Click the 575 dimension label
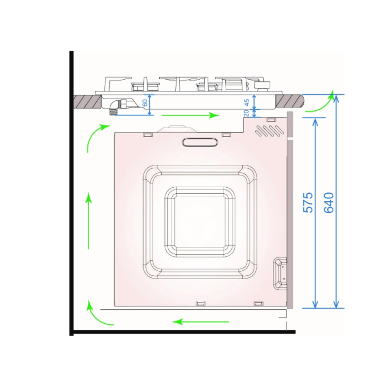(308, 202)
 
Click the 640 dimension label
(329, 202)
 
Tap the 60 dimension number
(145, 103)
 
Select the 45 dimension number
(246, 103)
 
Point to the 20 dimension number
(246, 113)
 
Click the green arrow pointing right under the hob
(191, 115)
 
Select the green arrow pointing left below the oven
(201, 322)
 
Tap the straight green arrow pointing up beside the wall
(89, 221)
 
